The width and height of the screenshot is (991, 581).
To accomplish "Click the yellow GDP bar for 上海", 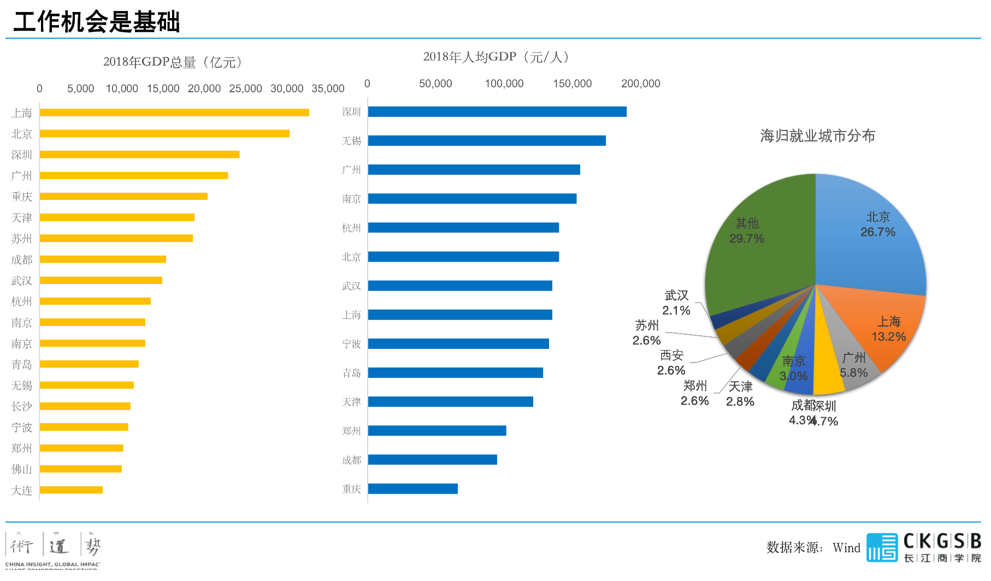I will coord(174,112).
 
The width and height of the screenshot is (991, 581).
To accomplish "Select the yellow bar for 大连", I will coord(71,490).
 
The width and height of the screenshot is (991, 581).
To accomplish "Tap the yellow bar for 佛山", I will coord(81,469).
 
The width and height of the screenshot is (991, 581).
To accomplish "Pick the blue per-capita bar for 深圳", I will coord(497,111).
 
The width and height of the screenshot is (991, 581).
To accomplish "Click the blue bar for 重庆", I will coord(413,489).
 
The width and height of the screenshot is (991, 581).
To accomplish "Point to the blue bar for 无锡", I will coord(487,140).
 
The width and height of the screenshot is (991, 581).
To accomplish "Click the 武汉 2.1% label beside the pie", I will coord(676,303).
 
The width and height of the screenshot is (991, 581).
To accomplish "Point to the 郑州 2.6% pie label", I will coord(695,393).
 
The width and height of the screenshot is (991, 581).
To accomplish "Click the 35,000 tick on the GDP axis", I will coord(328,88).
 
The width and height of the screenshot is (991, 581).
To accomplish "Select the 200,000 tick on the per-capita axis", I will coord(640,84).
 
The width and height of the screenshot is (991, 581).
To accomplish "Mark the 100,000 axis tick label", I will coord(504,84).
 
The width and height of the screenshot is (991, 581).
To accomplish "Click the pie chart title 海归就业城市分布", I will coord(817,135).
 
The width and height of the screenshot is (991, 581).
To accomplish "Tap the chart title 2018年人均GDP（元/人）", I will coord(498,57).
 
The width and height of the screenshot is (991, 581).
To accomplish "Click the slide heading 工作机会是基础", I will coord(97,22).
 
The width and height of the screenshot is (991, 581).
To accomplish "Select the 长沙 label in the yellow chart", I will coord(22,406).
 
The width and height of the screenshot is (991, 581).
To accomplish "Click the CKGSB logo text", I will coord(942,541).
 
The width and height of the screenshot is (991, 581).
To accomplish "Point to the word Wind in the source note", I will coord(846,548).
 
